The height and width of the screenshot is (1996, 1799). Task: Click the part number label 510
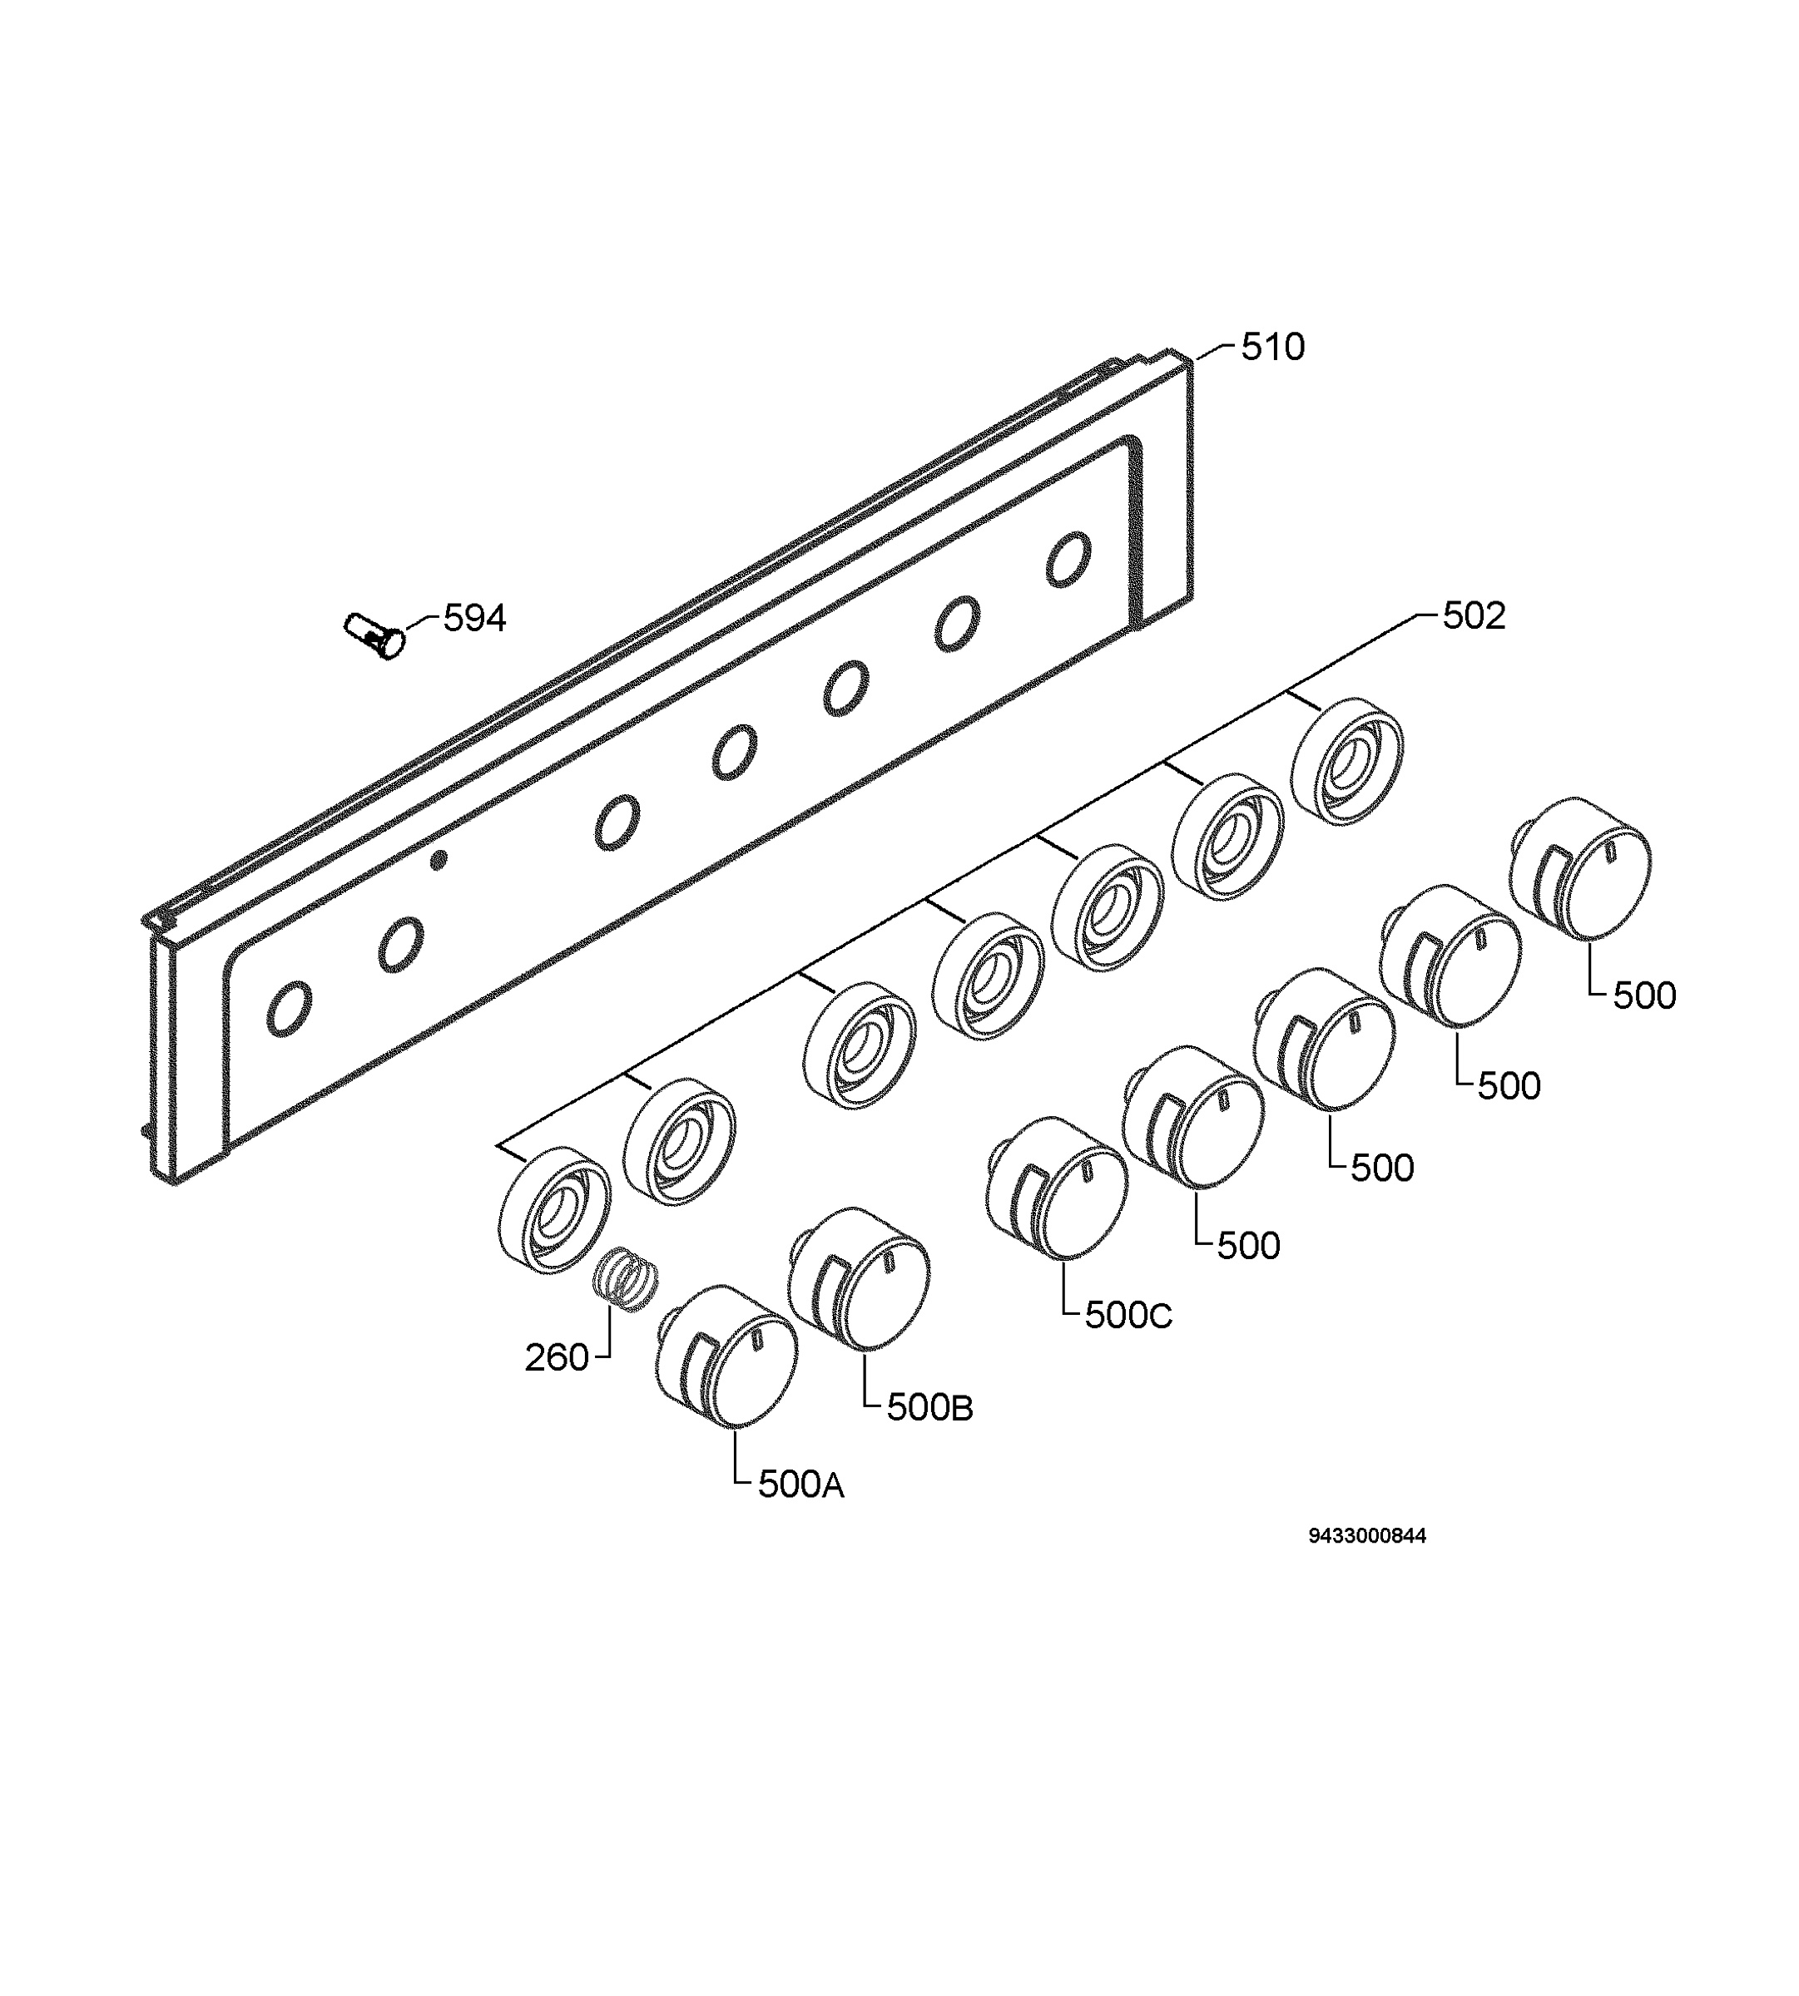[x=1272, y=347]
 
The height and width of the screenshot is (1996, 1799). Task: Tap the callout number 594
[x=474, y=619]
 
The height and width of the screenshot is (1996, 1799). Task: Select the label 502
[x=1474, y=615]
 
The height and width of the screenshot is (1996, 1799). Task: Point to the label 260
[x=557, y=1359]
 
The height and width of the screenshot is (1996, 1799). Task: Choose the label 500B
[x=929, y=1408]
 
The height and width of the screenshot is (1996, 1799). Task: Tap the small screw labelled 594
[x=374, y=635]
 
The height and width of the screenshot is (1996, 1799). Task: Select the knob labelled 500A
[x=726, y=1356]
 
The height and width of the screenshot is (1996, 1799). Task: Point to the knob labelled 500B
[x=859, y=1278]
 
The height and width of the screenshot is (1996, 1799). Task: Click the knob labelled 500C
[x=1056, y=1188]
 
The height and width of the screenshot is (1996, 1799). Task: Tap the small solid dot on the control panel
[x=438, y=860]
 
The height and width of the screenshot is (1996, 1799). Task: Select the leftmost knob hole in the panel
[x=290, y=1008]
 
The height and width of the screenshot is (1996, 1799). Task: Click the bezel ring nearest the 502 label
[x=1346, y=761]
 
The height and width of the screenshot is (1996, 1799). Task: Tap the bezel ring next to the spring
[x=553, y=1209]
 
